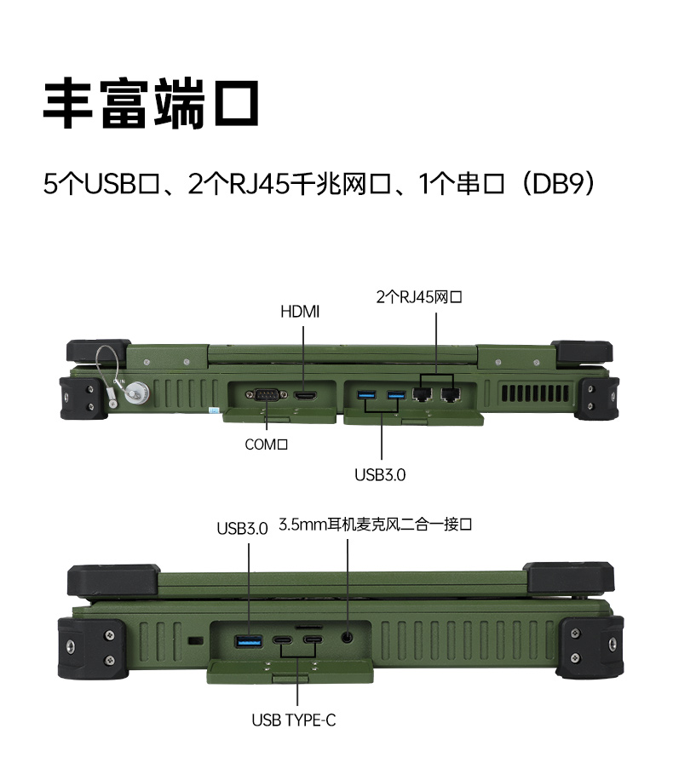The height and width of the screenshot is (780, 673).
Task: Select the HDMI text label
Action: (300, 313)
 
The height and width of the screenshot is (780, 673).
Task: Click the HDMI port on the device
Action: (305, 395)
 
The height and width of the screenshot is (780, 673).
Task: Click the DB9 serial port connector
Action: (262, 395)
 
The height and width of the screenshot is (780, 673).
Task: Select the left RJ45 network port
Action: (422, 393)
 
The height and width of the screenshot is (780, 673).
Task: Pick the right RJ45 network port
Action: (451, 393)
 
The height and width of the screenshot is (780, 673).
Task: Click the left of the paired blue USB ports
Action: (366, 394)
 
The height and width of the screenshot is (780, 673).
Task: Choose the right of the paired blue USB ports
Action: (396, 394)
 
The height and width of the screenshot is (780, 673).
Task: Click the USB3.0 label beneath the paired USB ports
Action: (380, 475)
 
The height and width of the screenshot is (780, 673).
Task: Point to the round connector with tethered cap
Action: (135, 393)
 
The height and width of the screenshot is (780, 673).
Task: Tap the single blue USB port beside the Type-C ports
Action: (249, 640)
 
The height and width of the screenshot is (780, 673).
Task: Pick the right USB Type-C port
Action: (313, 639)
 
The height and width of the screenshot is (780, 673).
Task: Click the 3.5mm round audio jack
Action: (348, 637)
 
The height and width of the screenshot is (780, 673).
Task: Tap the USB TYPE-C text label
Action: (294, 720)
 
